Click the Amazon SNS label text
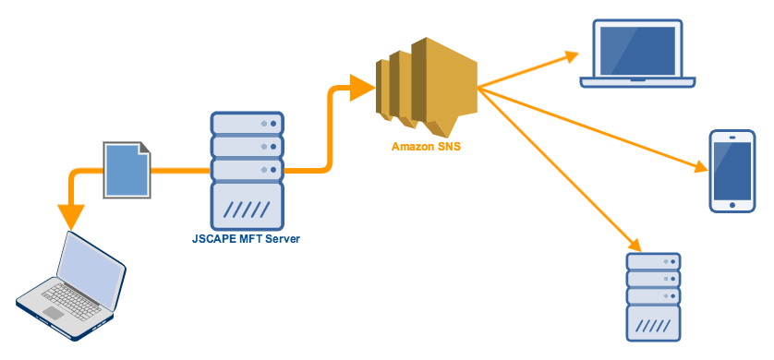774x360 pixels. click(426, 147)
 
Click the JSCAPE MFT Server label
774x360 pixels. click(247, 240)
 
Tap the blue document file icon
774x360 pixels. click(125, 170)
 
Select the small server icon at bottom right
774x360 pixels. click(653, 294)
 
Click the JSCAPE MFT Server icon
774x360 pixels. click(247, 170)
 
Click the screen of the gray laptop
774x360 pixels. click(91, 267)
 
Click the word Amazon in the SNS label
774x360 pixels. click(413, 147)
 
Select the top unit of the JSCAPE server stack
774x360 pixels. click(247, 123)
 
